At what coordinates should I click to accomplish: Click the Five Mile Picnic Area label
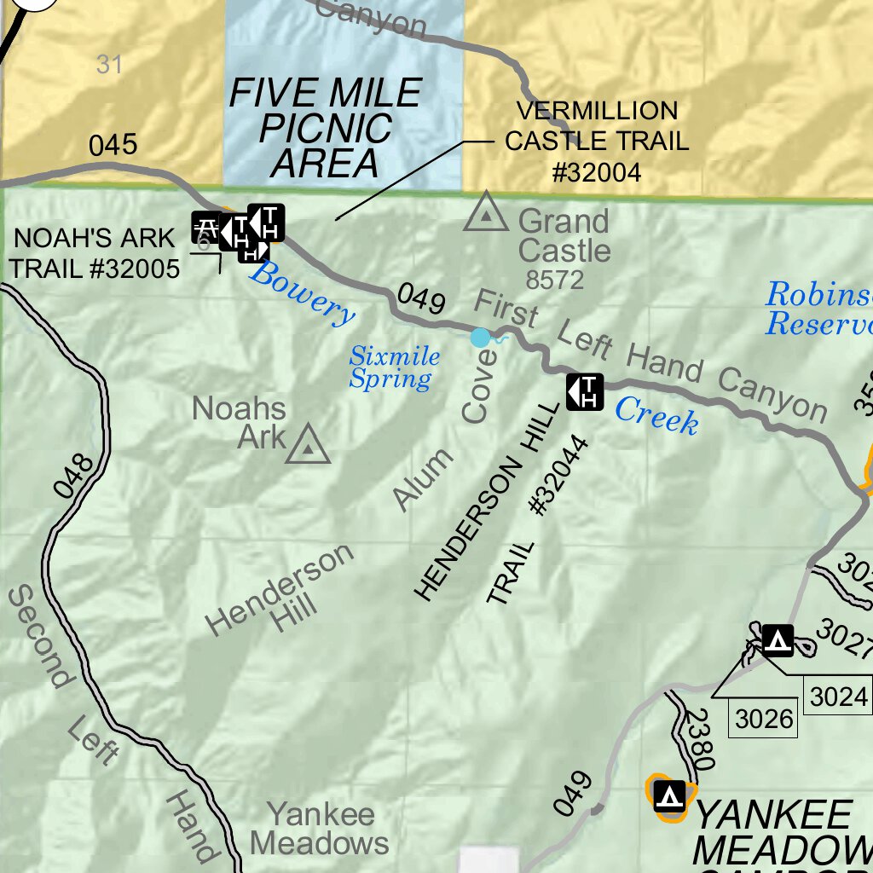point(326,127)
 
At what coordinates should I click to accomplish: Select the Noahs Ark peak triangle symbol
point(308,444)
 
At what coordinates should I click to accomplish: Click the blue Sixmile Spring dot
point(481,338)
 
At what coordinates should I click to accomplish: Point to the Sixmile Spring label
point(394,367)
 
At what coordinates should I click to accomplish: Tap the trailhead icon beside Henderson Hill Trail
point(585,391)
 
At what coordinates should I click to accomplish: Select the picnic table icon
point(205,227)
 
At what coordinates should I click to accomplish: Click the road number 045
point(113,145)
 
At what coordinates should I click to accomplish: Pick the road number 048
point(74,476)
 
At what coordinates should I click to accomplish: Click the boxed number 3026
point(764,720)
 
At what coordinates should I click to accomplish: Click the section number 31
point(109,64)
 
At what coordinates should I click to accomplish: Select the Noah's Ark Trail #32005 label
point(95,253)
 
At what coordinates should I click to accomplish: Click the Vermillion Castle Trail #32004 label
point(596,142)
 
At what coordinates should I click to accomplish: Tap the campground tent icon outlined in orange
point(670,796)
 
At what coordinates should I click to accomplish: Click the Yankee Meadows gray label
point(320,828)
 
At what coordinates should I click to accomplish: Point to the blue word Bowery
point(302,293)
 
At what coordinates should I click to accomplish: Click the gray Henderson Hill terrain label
point(280,588)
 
